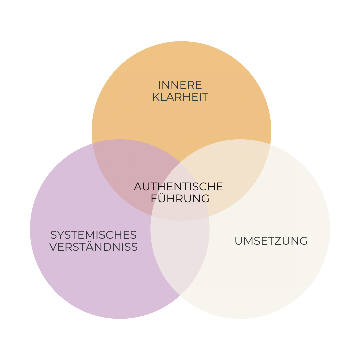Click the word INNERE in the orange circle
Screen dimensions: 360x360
[x=180, y=85]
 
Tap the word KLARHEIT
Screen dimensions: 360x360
[x=180, y=97]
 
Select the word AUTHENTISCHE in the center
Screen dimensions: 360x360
[x=178, y=186]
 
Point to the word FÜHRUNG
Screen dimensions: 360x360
[x=180, y=199]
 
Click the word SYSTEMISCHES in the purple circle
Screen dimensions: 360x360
[x=93, y=235]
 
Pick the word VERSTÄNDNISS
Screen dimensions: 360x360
[x=93, y=247]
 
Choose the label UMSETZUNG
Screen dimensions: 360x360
[x=271, y=241]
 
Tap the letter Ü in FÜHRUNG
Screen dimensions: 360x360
[x=161, y=198]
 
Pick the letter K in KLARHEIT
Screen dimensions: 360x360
[x=155, y=97]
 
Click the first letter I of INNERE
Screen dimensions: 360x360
[x=159, y=85]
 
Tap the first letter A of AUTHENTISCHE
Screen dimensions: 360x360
[x=138, y=186]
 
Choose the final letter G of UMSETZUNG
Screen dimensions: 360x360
[x=303, y=241]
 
